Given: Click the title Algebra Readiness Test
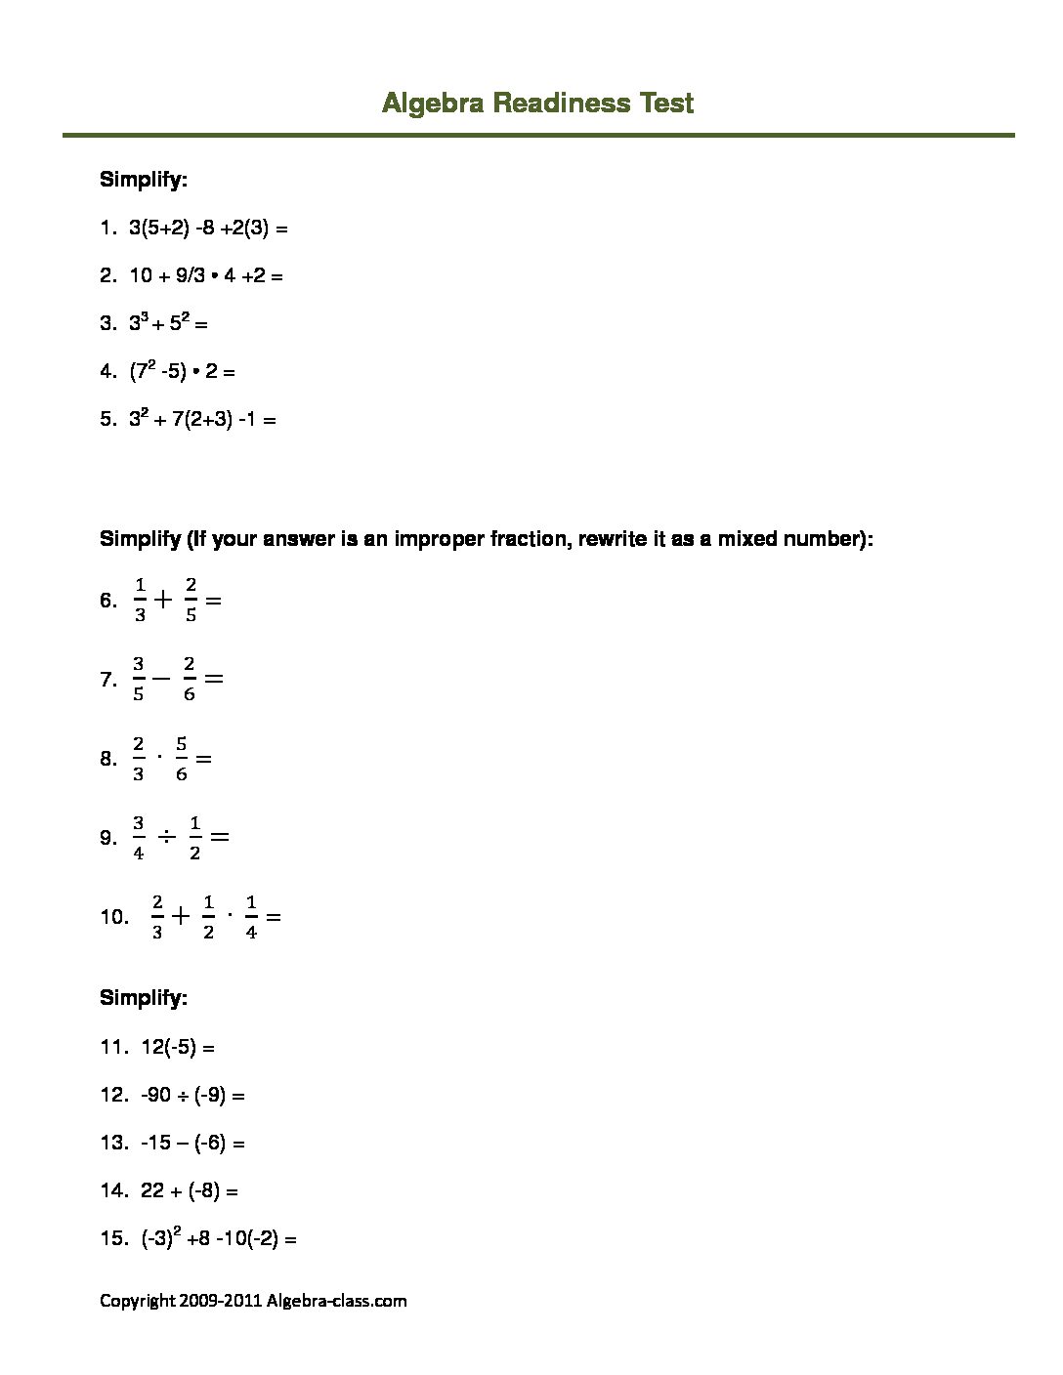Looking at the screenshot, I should coord(537,103).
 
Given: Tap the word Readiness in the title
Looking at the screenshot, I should coord(561,103).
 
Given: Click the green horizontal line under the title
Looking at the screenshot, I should coord(537,135).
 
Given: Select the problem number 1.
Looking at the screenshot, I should coord(106,229).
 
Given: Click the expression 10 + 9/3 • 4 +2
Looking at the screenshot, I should coord(206,276).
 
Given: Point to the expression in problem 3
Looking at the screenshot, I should coord(168,322).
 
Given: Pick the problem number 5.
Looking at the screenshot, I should coord(106,420).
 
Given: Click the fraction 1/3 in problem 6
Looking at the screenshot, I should coord(140,600).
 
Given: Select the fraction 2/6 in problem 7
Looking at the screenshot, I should coord(189,679).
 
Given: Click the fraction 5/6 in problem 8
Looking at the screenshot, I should coord(182,759).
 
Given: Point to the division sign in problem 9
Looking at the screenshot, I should coord(166,837).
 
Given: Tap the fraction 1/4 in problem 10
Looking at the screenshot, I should coord(251,917).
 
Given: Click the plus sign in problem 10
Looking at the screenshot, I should coord(181,916).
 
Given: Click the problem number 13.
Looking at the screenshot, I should coord(113,1143).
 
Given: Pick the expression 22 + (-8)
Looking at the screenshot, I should coord(190,1190).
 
